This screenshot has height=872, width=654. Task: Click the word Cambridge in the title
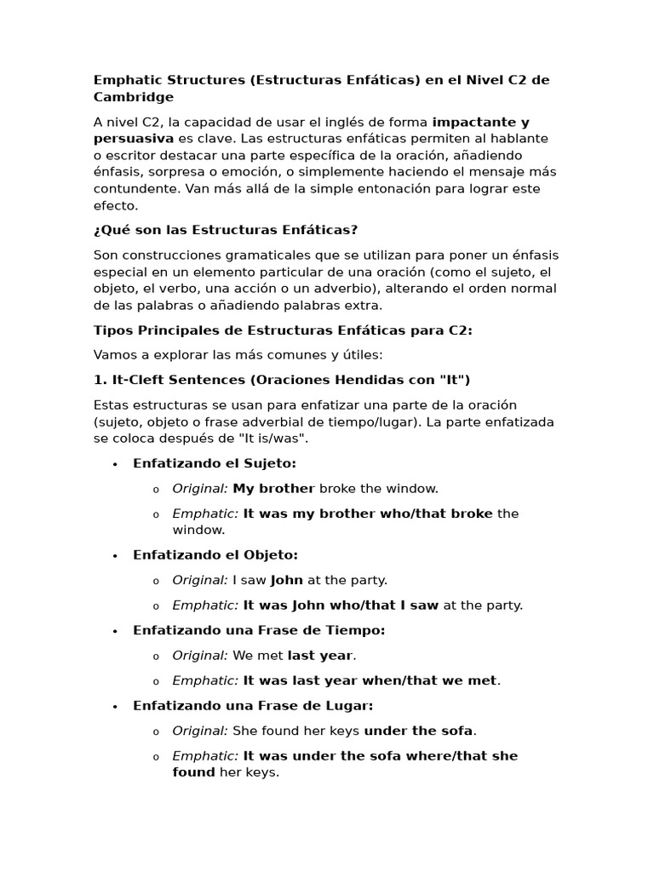(x=133, y=97)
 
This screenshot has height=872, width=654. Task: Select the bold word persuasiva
(x=133, y=139)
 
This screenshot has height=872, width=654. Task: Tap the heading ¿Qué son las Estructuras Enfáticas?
(x=226, y=230)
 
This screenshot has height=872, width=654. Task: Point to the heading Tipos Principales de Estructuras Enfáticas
(x=282, y=330)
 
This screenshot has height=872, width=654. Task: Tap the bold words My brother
(x=273, y=489)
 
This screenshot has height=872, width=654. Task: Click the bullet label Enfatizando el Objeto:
(x=215, y=555)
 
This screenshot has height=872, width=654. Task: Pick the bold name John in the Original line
(x=286, y=581)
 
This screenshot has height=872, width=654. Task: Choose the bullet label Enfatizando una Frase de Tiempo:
(x=259, y=631)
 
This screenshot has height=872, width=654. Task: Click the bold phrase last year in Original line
(x=319, y=656)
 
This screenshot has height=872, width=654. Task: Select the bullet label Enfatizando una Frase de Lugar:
(x=253, y=706)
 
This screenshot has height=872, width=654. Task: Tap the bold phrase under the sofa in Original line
(x=418, y=731)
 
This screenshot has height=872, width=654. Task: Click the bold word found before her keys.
(x=193, y=773)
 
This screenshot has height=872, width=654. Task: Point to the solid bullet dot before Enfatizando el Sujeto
(x=113, y=464)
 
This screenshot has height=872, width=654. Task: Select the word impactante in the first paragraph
(x=473, y=123)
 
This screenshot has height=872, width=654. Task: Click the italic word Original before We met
(x=199, y=656)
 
